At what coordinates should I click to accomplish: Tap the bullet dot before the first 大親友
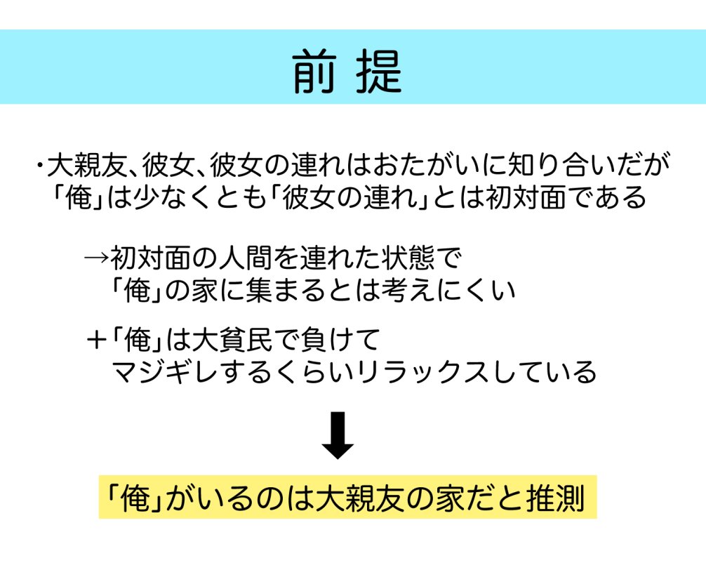click(41, 167)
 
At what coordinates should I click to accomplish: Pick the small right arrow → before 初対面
click(96, 257)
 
